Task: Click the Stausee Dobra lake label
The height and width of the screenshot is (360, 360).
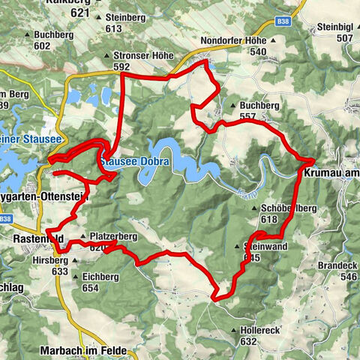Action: click(134, 162)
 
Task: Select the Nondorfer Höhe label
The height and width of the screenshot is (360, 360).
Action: click(234, 40)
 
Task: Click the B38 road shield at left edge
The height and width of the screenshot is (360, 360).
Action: click(7, 219)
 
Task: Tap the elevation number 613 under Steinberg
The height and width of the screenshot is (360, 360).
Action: click(114, 28)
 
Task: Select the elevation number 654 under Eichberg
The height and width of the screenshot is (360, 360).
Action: click(91, 288)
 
